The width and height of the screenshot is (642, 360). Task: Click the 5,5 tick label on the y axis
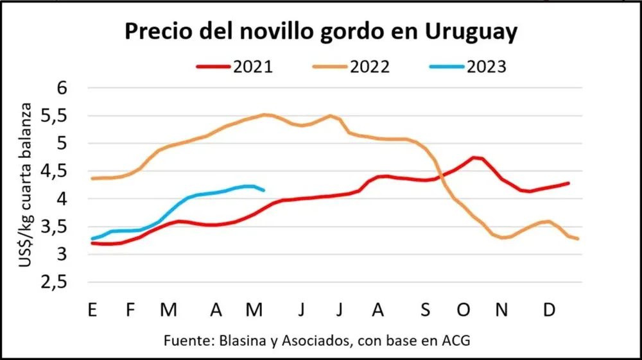56,116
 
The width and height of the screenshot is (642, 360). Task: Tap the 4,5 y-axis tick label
56,172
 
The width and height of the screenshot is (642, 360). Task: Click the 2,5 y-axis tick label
56,283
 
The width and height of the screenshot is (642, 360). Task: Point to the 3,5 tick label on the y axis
56,228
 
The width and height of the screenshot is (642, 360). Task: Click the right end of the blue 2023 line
265,190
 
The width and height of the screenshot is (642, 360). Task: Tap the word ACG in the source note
456,341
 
